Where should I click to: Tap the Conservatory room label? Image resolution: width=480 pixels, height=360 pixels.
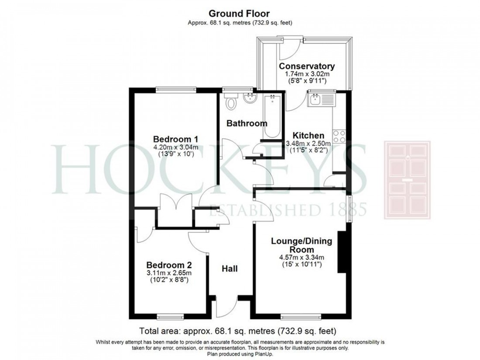coord(307,66)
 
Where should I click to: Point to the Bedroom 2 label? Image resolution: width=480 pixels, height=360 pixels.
coord(169,265)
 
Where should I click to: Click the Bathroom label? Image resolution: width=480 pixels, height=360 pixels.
coord(247,123)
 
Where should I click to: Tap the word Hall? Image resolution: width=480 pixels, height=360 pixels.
coord(230,269)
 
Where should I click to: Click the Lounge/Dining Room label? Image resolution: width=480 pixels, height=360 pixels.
coord(302,245)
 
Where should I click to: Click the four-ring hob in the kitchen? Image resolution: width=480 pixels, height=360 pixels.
coord(339,137)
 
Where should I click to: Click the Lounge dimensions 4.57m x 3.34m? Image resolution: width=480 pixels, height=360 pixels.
coord(302,257)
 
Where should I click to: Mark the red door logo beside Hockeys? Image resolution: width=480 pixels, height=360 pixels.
coord(407,180)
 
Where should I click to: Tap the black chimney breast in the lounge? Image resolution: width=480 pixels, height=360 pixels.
coord(342,253)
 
